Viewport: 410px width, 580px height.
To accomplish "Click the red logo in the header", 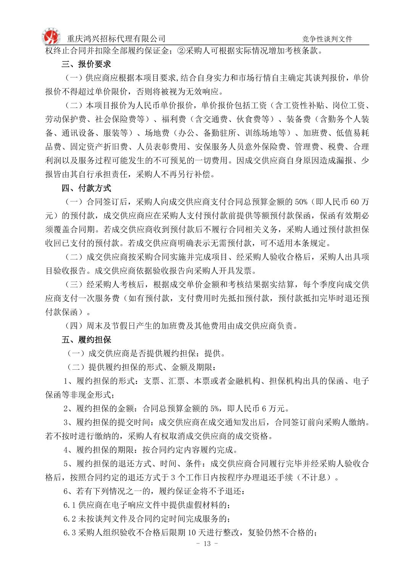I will pos(51,37).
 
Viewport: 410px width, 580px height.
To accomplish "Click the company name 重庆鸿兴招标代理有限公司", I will pos(116,39).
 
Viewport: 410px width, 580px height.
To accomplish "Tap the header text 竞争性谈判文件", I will pos(327,39).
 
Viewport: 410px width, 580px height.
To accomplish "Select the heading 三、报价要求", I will pos(86,64).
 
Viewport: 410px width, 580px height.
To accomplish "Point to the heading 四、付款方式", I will pos(86,188).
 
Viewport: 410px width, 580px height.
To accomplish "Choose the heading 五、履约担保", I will pos(86,340).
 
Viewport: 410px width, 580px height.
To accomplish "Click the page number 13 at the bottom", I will pos(207,544).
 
